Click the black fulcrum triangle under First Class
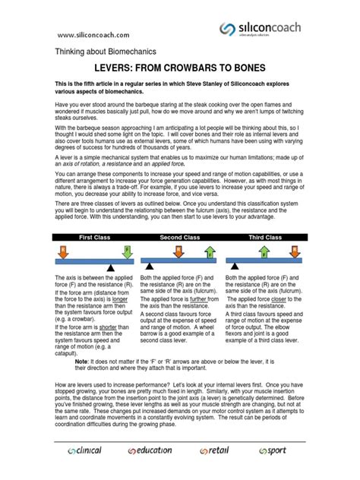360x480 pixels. click(112, 267)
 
